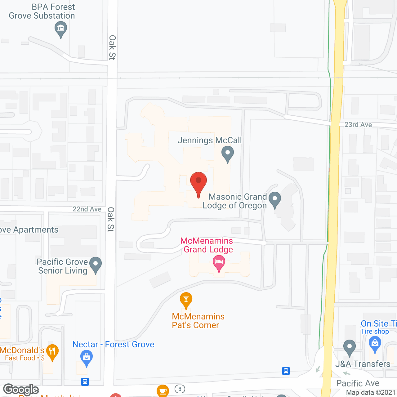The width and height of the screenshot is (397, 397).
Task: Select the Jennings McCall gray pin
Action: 228,153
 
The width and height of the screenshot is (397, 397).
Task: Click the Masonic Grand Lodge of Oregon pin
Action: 275,199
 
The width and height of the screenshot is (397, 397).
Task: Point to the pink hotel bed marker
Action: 219,262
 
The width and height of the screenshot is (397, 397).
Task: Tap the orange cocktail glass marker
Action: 186,300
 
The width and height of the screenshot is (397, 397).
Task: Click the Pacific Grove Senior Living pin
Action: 96,265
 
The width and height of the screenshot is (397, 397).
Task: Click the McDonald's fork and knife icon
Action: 52,352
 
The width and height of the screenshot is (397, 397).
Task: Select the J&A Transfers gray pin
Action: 350,347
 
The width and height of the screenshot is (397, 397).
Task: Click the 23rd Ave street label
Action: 358,125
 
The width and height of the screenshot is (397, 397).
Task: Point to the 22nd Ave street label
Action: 87,209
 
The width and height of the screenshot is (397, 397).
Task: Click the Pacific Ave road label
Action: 358,383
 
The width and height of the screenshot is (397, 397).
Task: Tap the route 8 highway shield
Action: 180,389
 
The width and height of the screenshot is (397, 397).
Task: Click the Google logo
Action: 21,390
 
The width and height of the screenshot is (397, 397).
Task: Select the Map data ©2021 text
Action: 371,393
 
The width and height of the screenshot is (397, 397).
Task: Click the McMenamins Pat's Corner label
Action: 198,321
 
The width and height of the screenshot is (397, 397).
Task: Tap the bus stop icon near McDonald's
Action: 85,381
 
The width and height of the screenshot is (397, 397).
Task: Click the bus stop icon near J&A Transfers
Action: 286,371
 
